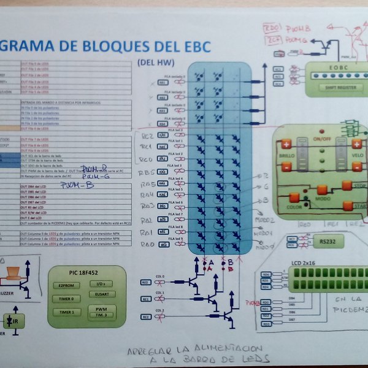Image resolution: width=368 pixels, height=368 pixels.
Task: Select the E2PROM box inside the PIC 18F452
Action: tap(65, 285)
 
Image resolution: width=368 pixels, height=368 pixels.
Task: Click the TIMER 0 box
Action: tap(65, 299)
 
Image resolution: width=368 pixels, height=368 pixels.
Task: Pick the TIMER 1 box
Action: tap(65, 312)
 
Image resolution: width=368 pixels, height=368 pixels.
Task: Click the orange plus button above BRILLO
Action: tap(286, 145)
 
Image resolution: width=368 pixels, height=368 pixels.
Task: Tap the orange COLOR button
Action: tap(294, 197)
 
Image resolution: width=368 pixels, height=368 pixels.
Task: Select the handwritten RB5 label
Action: tap(145, 172)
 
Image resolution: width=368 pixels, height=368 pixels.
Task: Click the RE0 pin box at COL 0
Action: tap(146, 283)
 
